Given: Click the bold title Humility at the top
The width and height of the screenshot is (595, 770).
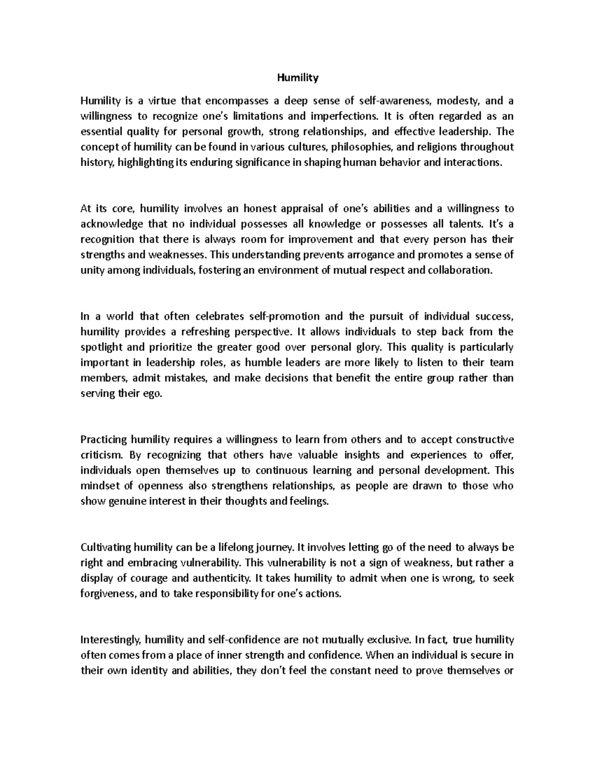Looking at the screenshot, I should pyautogui.click(x=297, y=78).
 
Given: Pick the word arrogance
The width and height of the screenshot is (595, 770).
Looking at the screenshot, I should pyautogui.click(x=358, y=255).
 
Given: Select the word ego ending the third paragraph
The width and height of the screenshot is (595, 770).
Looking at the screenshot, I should pyautogui.click(x=152, y=393).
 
